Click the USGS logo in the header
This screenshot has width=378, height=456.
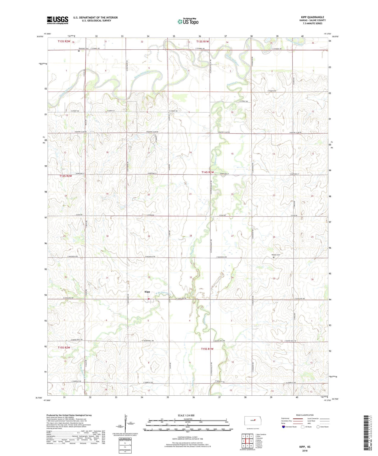tap(58, 20)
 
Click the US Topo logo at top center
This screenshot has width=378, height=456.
tap(188, 21)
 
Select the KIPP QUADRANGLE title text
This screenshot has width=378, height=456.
tap(312, 17)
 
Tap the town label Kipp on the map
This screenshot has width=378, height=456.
tap(147, 292)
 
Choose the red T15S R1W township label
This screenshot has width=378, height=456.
tap(207, 349)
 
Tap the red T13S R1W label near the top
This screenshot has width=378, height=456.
tap(203, 42)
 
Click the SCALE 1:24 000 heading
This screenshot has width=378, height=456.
tap(186, 416)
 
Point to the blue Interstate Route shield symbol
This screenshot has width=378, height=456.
tap(284, 427)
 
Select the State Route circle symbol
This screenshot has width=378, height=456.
tap(318, 427)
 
